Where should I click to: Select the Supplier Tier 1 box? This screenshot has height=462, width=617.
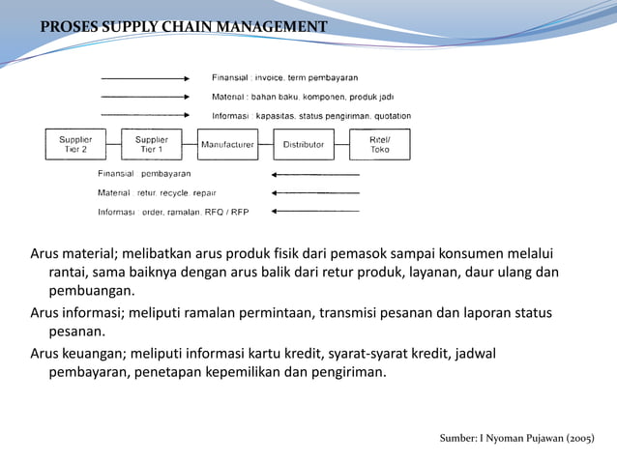[x=152, y=144]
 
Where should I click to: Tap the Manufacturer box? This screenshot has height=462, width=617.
[x=227, y=145]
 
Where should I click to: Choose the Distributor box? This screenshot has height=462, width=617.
[x=304, y=145]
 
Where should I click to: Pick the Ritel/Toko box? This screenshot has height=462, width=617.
[x=380, y=144]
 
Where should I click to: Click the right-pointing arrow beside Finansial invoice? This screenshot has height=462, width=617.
[x=145, y=77]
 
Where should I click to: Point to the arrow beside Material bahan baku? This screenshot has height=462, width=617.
[x=145, y=97]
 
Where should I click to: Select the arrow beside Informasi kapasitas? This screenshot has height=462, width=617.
[x=145, y=115]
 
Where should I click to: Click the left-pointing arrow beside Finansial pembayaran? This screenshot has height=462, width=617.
[x=316, y=175]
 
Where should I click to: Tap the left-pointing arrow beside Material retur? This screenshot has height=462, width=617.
[x=316, y=192]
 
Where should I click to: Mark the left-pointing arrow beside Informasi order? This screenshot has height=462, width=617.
[x=316, y=210]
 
